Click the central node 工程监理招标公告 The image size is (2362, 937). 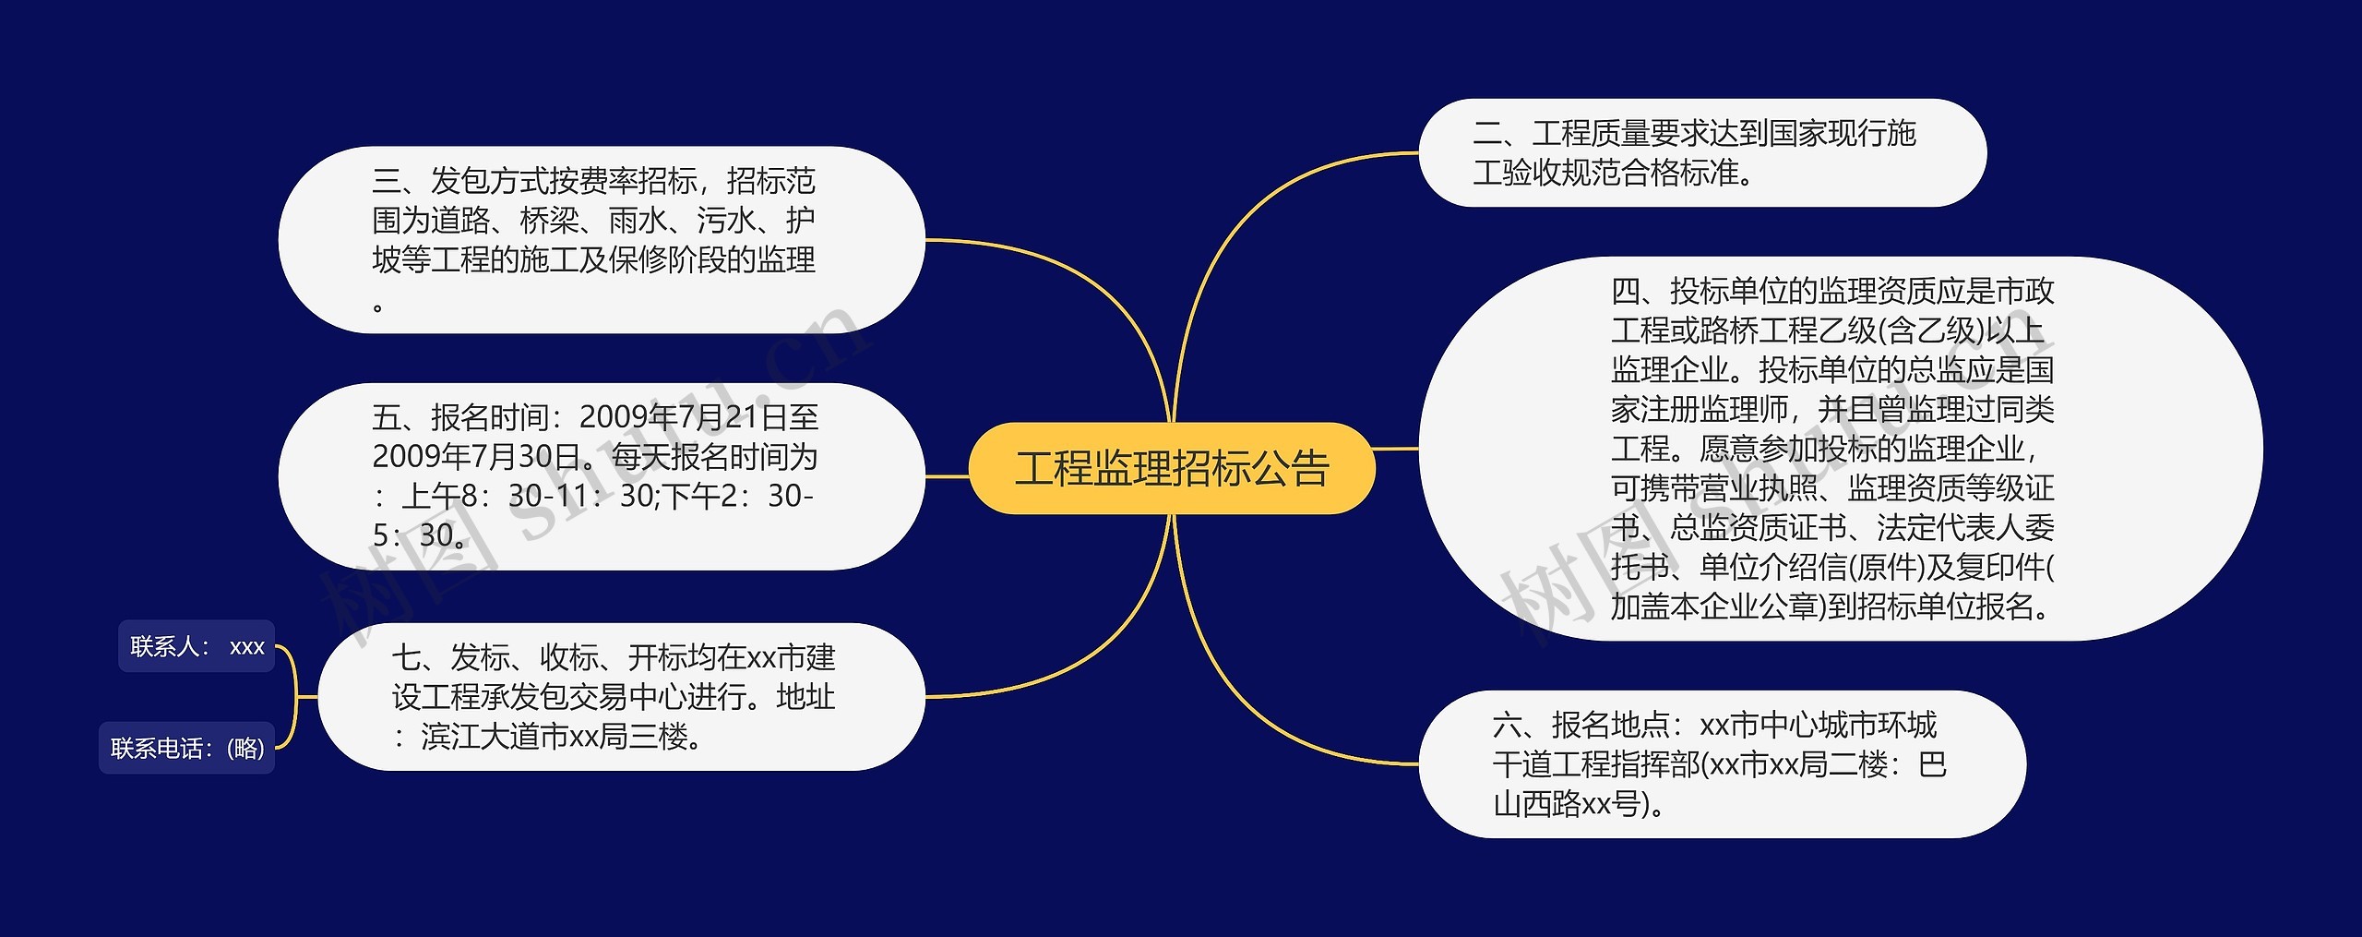click(x=1172, y=468)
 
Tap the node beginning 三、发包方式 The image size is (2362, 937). click(x=601, y=240)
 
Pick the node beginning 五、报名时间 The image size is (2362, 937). click(x=601, y=476)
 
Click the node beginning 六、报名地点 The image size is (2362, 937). click(x=1721, y=764)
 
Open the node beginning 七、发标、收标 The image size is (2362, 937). click(x=620, y=697)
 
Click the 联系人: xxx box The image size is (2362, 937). click(x=197, y=646)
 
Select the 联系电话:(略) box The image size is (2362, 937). click(x=187, y=748)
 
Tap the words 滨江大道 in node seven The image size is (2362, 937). click(x=480, y=737)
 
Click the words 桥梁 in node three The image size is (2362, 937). click(x=549, y=221)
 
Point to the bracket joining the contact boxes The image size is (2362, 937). click(x=294, y=697)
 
